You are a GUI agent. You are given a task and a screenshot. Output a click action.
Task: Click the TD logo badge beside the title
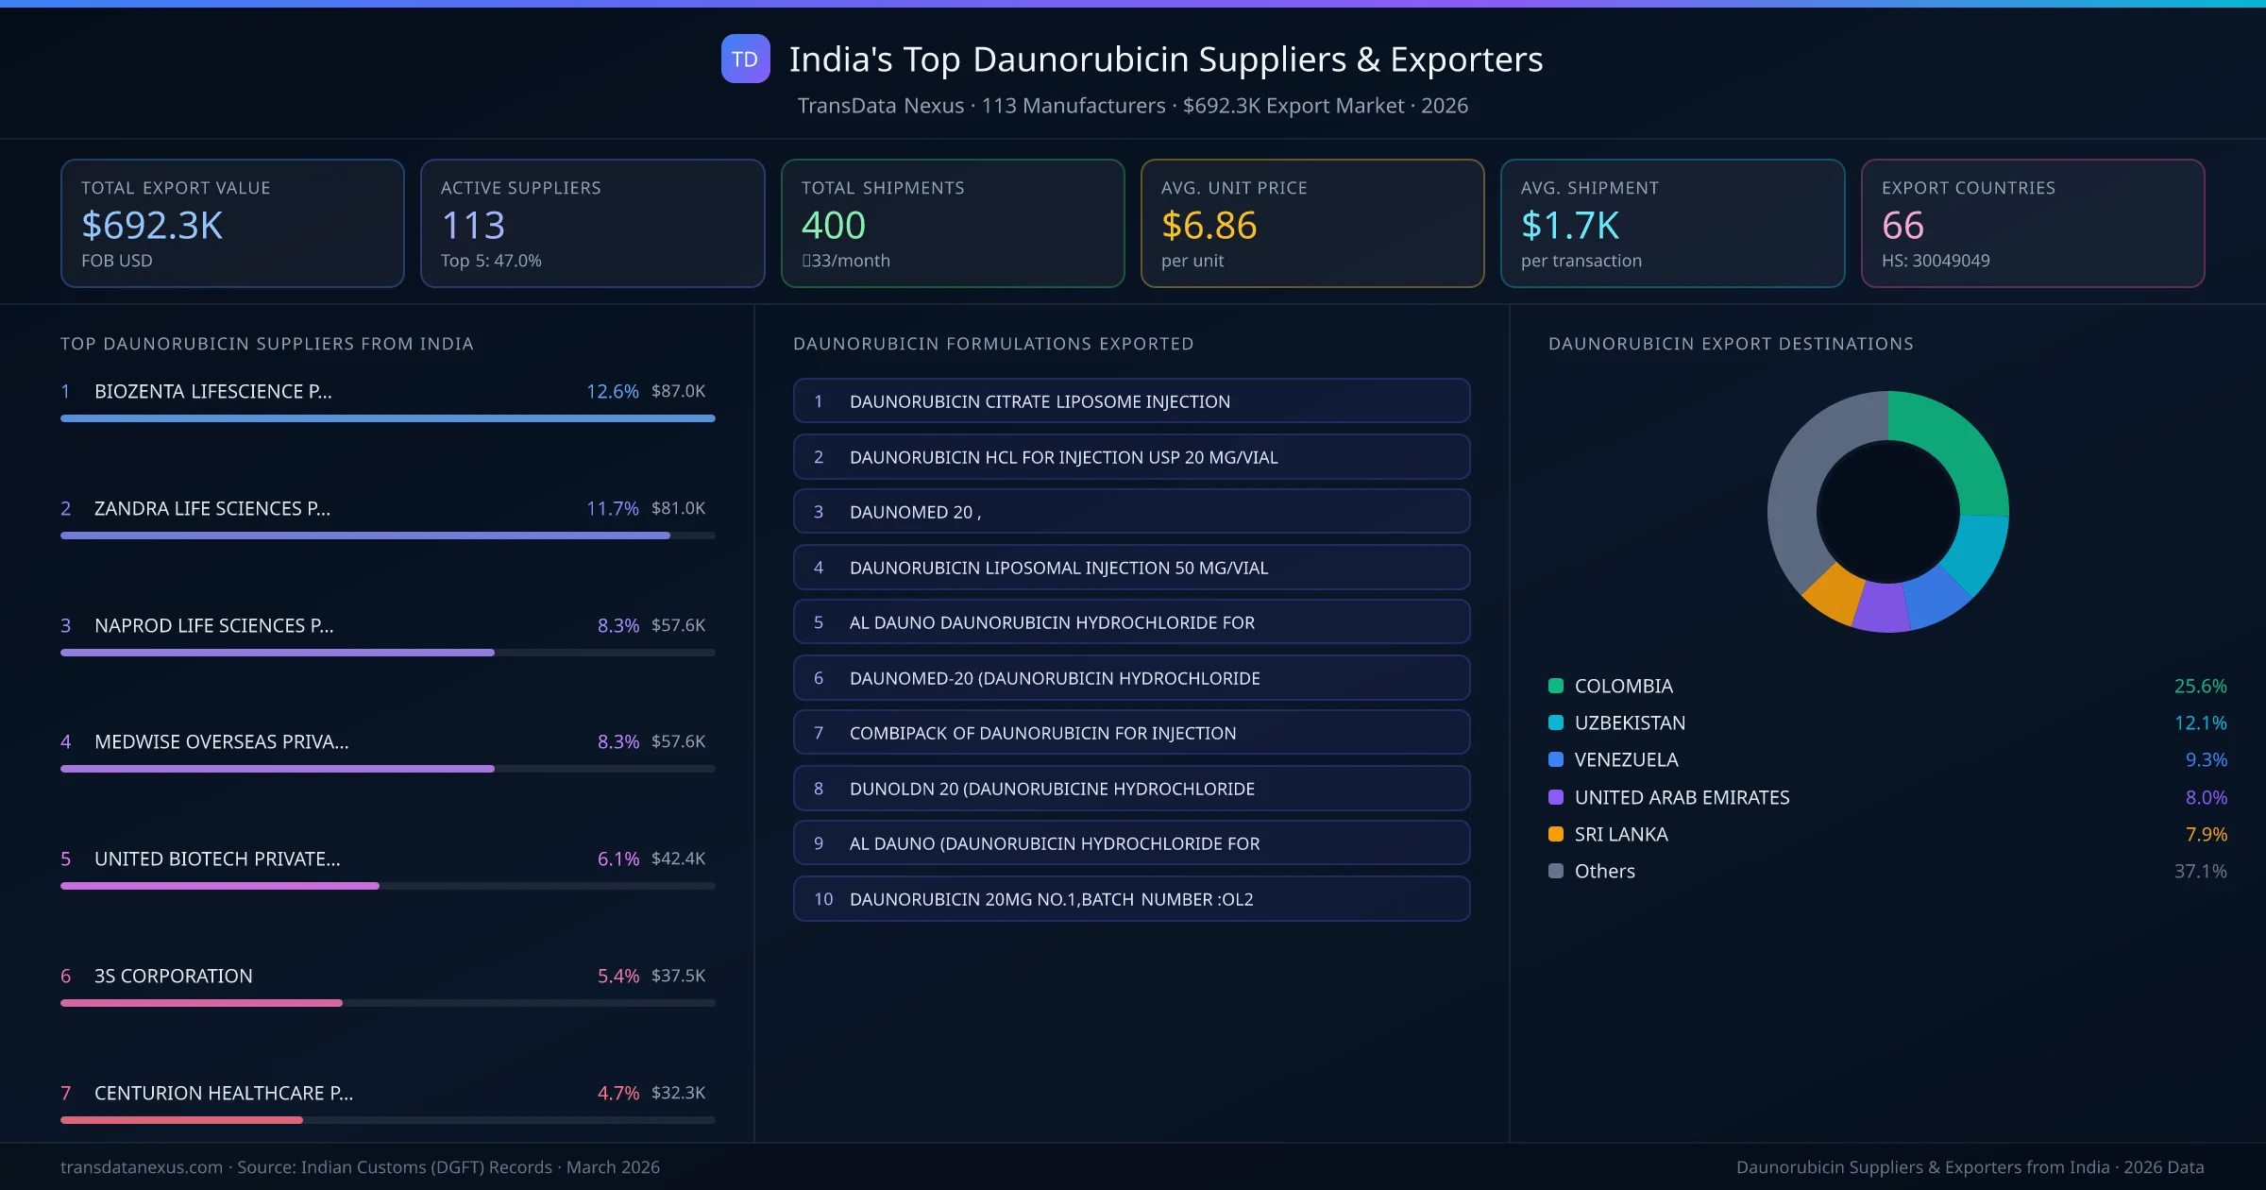[745, 59]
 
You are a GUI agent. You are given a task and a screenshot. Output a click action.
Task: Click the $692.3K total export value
[152, 226]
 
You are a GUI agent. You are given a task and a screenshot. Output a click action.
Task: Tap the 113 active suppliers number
[473, 226]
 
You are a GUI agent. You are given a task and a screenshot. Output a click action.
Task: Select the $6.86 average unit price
[1209, 226]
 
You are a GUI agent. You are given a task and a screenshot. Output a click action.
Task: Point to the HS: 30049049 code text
[1935, 261]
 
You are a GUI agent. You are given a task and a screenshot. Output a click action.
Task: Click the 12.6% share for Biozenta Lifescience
[612, 391]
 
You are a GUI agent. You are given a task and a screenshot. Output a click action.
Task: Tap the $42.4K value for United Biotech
[678, 858]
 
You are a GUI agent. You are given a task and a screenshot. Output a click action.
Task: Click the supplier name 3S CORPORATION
[174, 976]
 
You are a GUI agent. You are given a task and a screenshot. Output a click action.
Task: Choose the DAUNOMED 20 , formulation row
[1131, 512]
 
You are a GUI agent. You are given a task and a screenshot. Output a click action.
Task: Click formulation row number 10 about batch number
[1131, 899]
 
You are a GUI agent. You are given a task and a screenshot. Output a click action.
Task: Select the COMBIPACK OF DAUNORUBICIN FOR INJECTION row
[1131, 733]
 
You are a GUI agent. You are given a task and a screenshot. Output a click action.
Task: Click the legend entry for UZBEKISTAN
[1630, 722]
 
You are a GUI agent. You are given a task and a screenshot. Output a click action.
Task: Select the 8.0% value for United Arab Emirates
[2206, 797]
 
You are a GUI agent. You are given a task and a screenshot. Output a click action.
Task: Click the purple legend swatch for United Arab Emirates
[1556, 797]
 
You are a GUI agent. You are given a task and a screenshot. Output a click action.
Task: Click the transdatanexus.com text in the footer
[142, 1167]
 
